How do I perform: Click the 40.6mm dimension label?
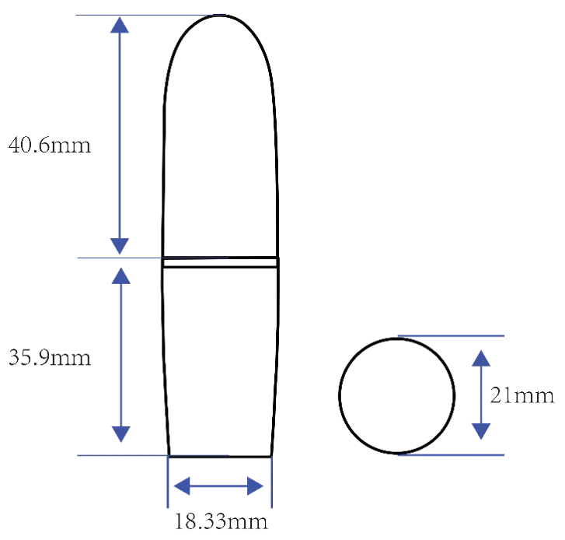pos(50,146)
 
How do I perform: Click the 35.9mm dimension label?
pos(50,358)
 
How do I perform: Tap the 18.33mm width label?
pos(221,521)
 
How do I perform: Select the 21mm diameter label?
pos(521,395)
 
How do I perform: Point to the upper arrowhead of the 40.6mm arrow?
pos(120,25)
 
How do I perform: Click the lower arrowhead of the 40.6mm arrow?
pos(120,247)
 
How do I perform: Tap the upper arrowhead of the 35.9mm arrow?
pos(120,275)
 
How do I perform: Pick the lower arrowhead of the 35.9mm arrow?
pos(120,434)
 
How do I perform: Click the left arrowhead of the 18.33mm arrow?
pos(182,486)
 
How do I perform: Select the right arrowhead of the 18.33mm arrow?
pos(256,486)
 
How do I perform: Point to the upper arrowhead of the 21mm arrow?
pos(481,358)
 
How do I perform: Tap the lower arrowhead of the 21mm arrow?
pos(481,431)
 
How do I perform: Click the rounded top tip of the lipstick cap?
pos(219,15)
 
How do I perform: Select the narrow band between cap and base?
pos(220,262)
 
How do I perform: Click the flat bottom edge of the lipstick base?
pos(220,457)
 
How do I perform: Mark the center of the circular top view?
pos(396,395)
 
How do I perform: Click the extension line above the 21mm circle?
pos(451,336)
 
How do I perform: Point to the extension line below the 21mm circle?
pos(451,455)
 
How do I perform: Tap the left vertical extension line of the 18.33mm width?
pos(168,482)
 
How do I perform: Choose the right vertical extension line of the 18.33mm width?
pos(272,482)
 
